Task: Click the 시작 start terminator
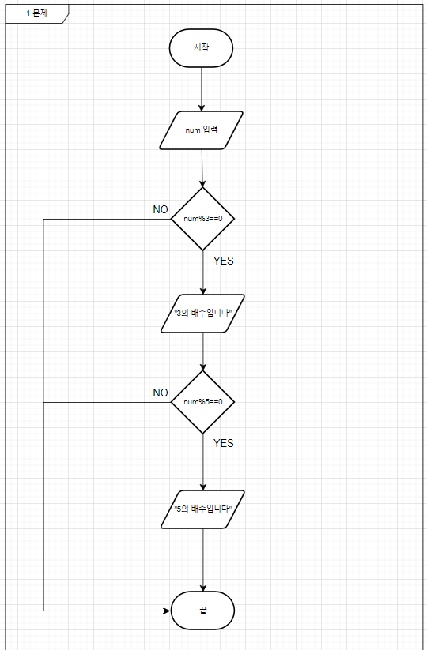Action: [202, 48]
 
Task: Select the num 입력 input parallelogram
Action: [202, 130]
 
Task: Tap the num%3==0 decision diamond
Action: [203, 219]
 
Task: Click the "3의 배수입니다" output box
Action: [203, 314]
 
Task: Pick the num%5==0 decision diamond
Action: [203, 402]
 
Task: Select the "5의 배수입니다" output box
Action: [203, 509]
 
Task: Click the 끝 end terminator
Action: [203, 611]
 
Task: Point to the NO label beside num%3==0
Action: [161, 210]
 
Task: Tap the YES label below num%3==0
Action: [224, 261]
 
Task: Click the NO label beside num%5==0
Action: [161, 393]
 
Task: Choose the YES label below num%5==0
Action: [224, 443]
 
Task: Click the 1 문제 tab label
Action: [37, 13]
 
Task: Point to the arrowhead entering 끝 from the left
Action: [167, 611]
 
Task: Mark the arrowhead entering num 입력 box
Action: [202, 108]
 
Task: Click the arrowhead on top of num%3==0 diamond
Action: [202, 184]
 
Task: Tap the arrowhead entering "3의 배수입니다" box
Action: [203, 291]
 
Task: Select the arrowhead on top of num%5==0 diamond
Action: [203, 367]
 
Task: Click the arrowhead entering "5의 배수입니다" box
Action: [203, 487]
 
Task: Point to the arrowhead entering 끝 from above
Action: [203, 588]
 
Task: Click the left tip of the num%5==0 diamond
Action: [172, 402]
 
